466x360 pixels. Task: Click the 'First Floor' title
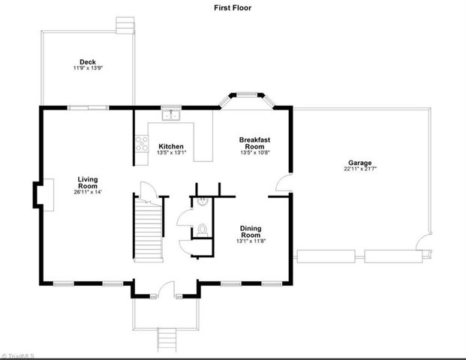coord(233,7)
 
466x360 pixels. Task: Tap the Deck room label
coord(87,62)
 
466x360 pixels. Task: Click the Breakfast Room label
coord(254,143)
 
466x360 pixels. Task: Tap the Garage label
coord(359,163)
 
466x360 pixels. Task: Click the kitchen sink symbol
coord(173,115)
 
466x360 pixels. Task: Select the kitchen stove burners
coord(140,144)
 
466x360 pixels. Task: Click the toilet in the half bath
coord(201,229)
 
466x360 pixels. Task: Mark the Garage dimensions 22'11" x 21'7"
coord(359,169)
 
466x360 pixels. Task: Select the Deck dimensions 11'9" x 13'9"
coord(88,68)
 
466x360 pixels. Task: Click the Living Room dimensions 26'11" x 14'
coord(88,192)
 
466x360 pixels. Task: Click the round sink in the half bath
coord(203,202)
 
